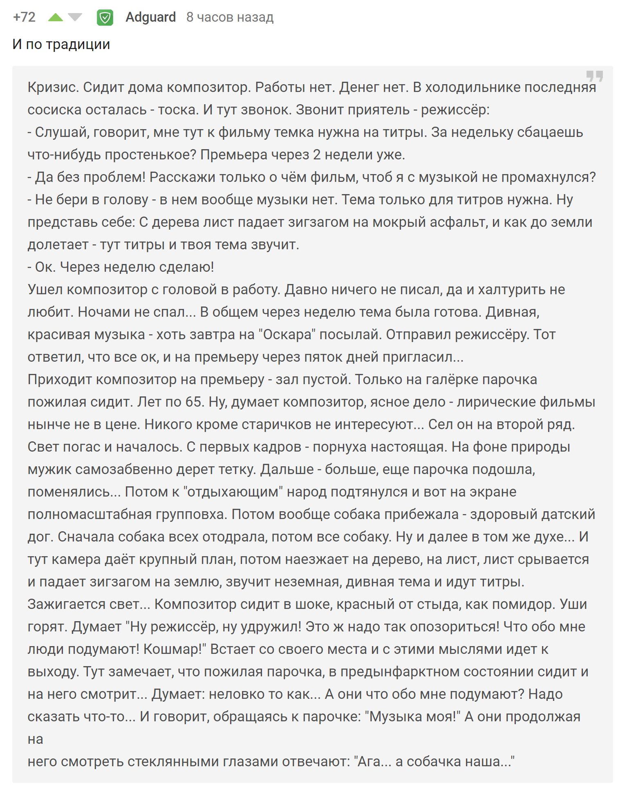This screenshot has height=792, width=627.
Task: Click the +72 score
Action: pos(24,17)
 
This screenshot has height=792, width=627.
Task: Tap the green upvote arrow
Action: pos(56,17)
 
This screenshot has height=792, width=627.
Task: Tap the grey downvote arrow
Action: pos(75,17)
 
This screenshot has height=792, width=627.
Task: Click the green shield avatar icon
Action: pos(105,18)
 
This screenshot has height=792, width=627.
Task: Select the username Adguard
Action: pos(150,17)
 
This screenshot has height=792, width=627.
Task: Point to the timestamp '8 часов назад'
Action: pos(230,17)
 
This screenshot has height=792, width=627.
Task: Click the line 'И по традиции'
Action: pos(61,44)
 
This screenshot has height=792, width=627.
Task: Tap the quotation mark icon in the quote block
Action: pos(594,76)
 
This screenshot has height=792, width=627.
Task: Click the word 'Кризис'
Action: pos(52,87)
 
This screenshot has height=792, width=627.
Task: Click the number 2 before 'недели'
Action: pos(317,154)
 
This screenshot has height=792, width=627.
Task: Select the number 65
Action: pos(194,402)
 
